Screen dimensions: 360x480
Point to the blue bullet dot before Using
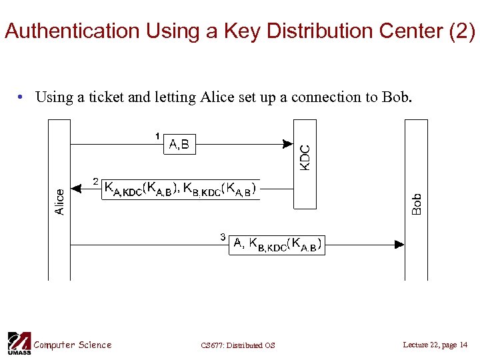tap(22, 97)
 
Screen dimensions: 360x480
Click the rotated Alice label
tap(59, 201)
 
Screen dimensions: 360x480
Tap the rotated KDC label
tap(305, 158)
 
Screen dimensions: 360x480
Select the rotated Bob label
tap(417, 204)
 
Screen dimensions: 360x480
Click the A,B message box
tap(180, 143)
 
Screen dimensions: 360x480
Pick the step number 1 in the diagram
tap(157, 136)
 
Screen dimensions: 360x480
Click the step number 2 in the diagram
tap(96, 181)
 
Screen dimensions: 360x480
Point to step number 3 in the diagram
tap(223, 236)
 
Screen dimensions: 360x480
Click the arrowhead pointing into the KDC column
tap(288, 143)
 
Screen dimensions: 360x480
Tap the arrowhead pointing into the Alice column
tap(75, 189)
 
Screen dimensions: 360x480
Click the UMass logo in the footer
tap(19, 343)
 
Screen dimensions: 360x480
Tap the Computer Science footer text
tap(73, 345)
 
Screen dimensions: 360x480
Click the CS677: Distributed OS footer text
tap(237, 345)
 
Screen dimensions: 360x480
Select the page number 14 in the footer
tap(464, 345)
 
